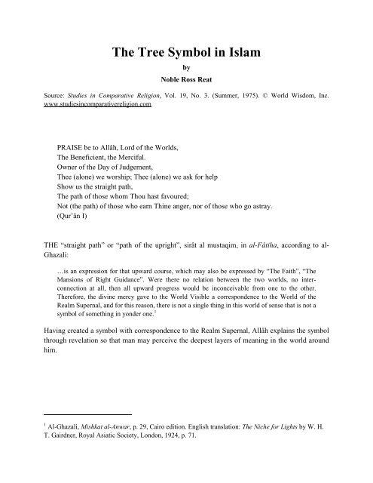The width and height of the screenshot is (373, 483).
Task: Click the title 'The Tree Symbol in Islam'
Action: click(186, 52)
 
